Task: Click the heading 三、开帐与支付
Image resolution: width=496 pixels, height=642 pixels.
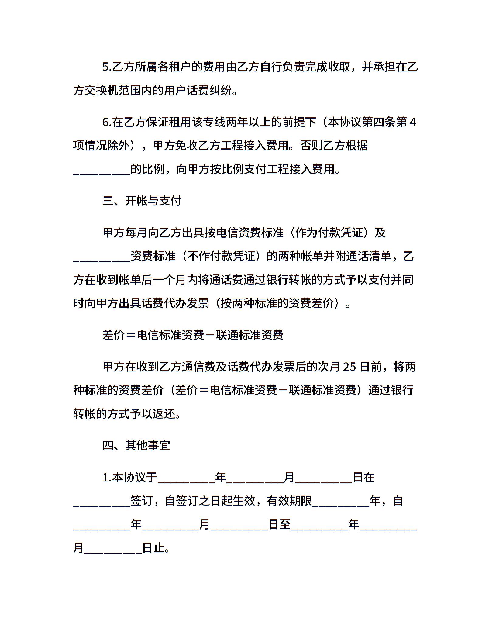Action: coord(142,201)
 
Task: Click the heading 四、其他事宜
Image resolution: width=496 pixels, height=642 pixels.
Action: coord(136,445)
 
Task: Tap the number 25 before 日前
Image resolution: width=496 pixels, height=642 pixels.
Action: coord(349,367)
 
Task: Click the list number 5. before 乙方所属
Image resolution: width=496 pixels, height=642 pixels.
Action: coord(107,67)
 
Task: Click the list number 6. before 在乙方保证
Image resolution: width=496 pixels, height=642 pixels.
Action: coord(107,123)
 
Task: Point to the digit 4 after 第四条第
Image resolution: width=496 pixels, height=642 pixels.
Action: coord(413,123)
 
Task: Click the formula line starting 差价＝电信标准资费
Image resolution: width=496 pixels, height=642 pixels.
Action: coord(193,335)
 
